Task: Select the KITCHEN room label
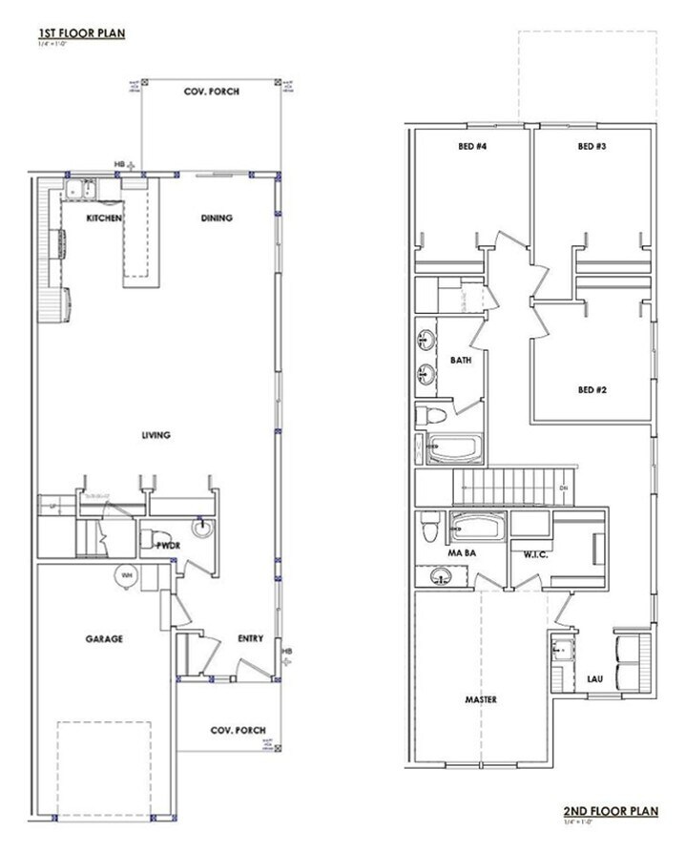pos(103,218)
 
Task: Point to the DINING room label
pos(217,218)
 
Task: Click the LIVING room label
pos(156,435)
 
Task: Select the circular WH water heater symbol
pos(127,575)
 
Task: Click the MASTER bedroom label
pos(481,699)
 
